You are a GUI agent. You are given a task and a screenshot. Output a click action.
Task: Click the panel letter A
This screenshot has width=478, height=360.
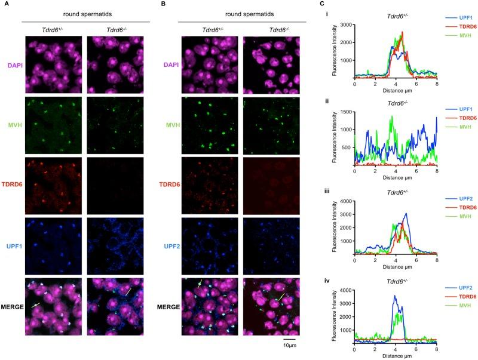pyautogui.click(x=5, y=4)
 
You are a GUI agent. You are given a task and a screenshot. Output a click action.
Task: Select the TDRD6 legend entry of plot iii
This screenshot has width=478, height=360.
pyautogui.click(x=455, y=207)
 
